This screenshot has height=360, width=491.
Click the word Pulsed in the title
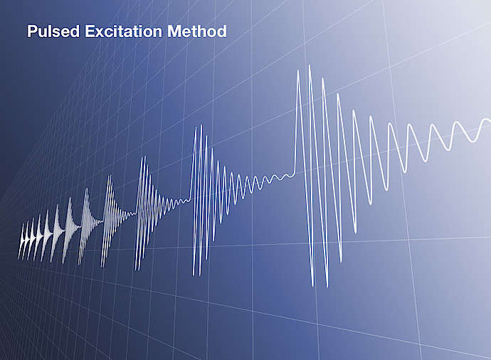[53, 31]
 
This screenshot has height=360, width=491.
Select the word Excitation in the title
[123, 31]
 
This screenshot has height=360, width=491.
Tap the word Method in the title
[196, 31]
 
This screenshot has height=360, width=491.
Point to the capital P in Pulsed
[32, 31]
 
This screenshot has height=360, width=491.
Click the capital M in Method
[174, 31]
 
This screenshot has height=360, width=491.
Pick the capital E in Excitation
[90, 31]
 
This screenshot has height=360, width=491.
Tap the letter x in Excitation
[100, 33]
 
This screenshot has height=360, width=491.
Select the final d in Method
[222, 31]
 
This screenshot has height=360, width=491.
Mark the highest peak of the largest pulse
[310, 65]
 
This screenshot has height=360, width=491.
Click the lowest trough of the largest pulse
[327, 286]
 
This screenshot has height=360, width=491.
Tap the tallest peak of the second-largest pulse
[201, 125]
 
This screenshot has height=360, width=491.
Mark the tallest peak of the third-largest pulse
[144, 157]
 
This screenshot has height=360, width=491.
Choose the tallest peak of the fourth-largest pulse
[110, 176]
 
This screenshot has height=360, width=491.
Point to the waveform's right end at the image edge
[490, 120]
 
